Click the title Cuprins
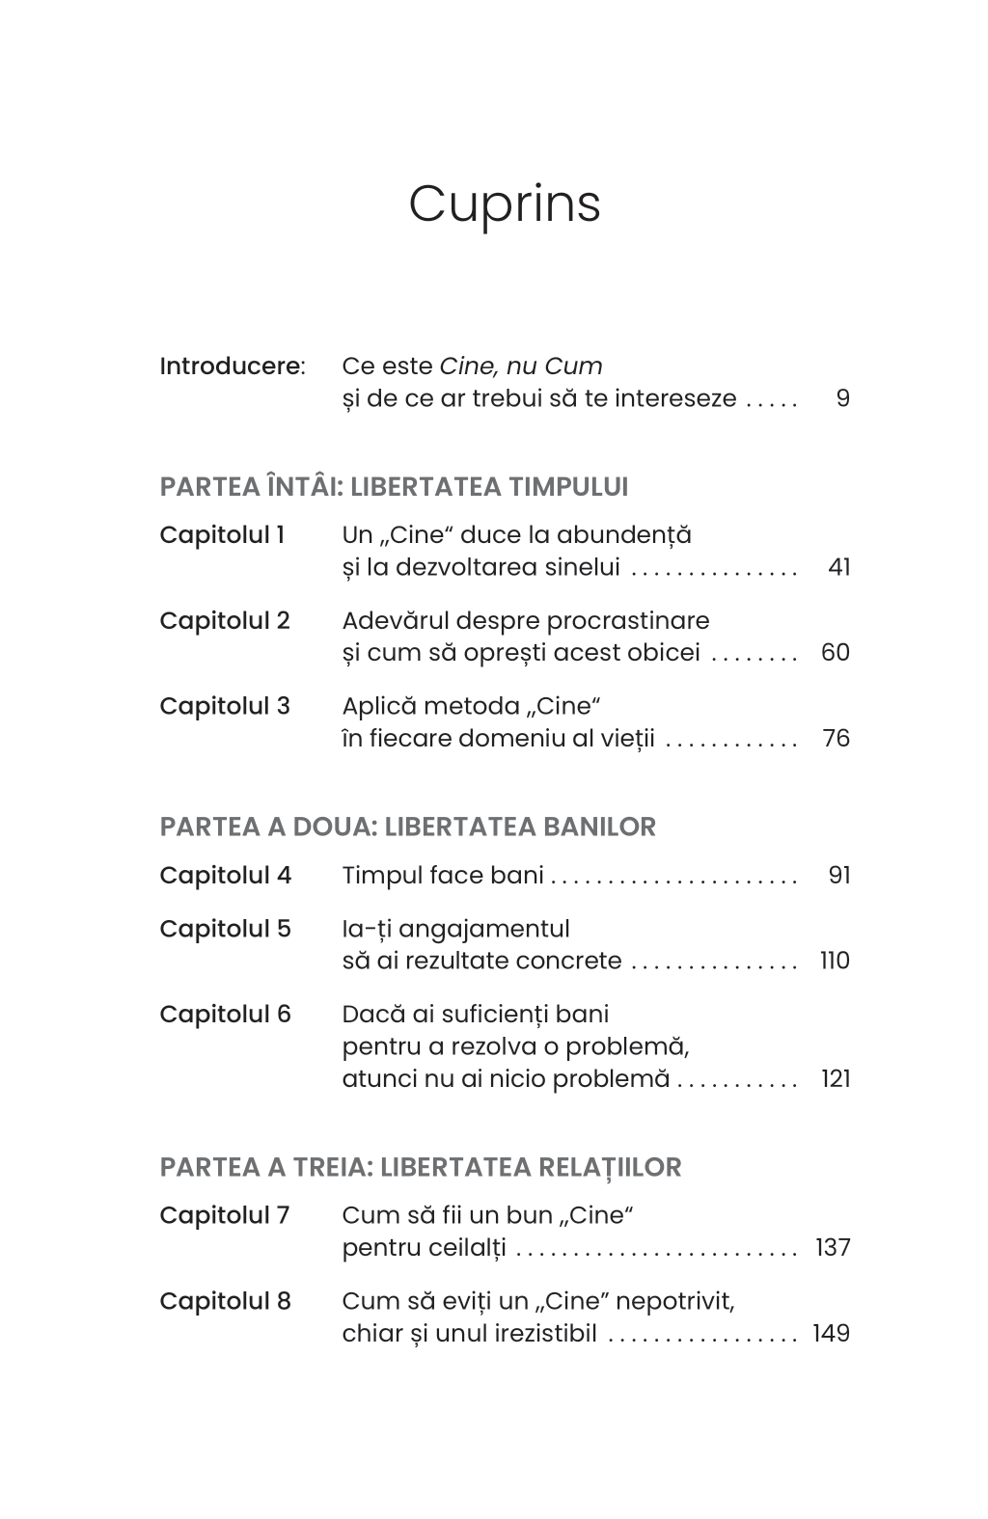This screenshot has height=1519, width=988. tap(504, 204)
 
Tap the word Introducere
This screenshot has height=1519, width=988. tap(230, 366)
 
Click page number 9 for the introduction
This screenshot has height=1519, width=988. tap(842, 399)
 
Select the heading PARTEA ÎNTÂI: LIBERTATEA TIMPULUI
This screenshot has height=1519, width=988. tap(394, 487)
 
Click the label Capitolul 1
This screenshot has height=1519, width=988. tap(222, 535)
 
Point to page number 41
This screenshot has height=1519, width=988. tap(838, 567)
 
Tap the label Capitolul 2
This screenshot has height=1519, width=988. tap(224, 621)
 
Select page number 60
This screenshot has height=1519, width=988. tap(835, 653)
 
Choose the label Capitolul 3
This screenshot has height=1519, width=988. tap(224, 707)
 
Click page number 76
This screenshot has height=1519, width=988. tap(836, 739)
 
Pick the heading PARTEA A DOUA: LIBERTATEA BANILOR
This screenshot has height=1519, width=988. tap(407, 827)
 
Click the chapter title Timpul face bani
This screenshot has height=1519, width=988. tap(443, 876)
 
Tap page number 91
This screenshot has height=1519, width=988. tap(838, 876)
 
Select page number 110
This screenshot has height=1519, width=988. tap(835, 962)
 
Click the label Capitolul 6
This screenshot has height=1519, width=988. tap(225, 1015)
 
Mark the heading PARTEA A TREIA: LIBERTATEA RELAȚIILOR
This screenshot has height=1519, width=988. tap(420, 1168)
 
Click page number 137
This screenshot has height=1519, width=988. tap(833, 1248)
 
